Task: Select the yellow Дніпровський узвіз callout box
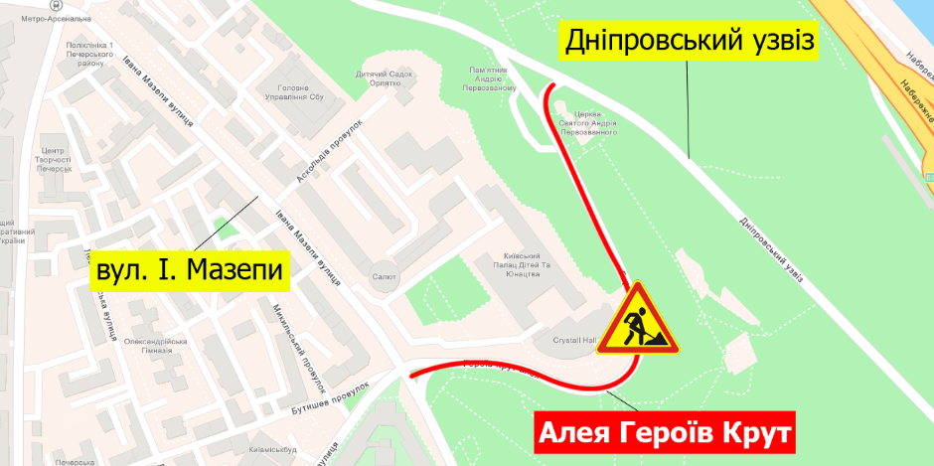690,41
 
